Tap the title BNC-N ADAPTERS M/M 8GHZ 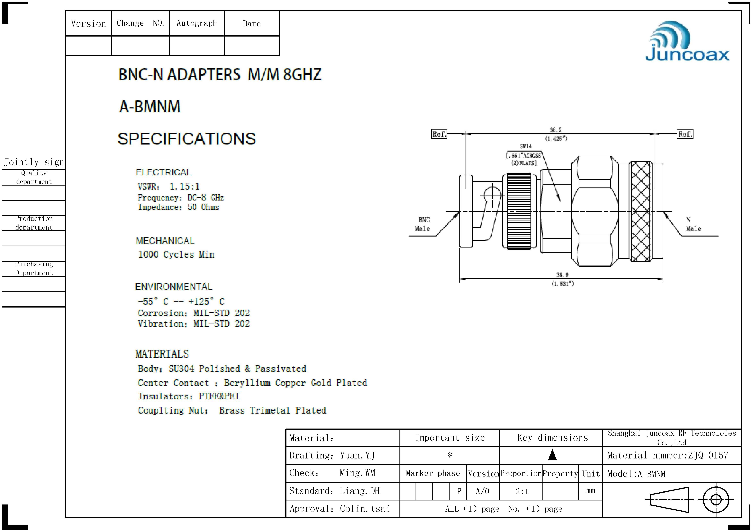coord(220,74)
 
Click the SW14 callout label coord(526,146)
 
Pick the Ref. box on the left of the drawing coord(439,134)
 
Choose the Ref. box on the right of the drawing coord(685,134)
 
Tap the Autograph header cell coord(196,23)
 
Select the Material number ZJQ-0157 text coord(667,455)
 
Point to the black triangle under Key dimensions coord(552,455)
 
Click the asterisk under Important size coord(450,455)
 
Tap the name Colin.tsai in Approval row coord(365,508)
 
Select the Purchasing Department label coord(34,268)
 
